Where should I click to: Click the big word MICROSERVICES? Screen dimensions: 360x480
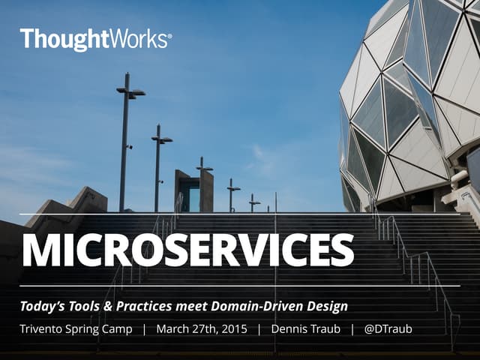pyautogui.click(x=187, y=250)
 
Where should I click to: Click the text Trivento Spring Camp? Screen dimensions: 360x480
pyautogui.click(x=76, y=329)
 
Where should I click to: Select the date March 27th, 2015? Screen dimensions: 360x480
pyautogui.click(x=201, y=329)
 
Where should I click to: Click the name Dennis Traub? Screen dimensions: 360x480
pyautogui.click(x=304, y=329)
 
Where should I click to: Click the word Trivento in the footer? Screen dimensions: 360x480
pyautogui.click(x=42, y=329)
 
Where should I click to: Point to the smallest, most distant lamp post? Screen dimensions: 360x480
pyautogui.click(x=254, y=202)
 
